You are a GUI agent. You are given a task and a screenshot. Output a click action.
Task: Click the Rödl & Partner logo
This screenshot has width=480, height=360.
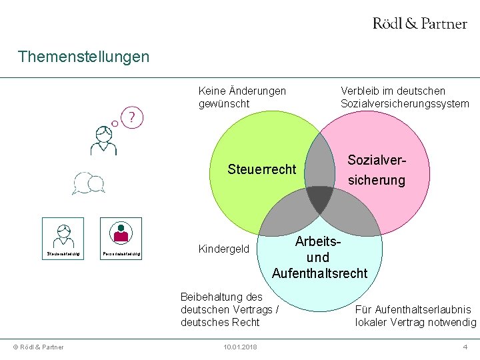pos(419,23)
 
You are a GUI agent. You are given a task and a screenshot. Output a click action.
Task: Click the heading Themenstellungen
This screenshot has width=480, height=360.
pos(84,56)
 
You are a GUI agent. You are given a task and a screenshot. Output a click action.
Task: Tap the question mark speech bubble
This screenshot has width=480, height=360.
pos(133,118)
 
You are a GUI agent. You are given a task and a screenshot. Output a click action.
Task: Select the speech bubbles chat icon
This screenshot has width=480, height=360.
pos(89,183)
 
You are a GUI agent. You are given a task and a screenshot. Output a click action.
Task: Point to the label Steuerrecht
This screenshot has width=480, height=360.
pos(261,169)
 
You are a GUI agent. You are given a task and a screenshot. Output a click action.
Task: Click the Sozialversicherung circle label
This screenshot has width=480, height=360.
pos(377,171)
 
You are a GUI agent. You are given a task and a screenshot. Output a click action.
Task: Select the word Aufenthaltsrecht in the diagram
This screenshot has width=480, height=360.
pos(319,273)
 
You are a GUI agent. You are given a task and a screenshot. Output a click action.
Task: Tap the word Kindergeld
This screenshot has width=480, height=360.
pos(224,249)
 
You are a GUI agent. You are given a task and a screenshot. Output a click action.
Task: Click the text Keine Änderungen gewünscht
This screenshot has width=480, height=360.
pos(242,97)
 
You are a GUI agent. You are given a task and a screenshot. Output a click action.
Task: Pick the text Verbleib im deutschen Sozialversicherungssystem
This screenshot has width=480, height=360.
pos(405,97)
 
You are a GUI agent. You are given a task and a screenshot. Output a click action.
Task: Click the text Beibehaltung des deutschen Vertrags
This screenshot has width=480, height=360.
pos(229,309)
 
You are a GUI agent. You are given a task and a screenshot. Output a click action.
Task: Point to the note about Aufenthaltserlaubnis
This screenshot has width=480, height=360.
pos(415,316)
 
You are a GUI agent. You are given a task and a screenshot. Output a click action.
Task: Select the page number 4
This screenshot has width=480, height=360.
pos(465,347)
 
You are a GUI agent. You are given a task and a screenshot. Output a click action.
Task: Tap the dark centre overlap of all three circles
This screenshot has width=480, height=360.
pos(319,198)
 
